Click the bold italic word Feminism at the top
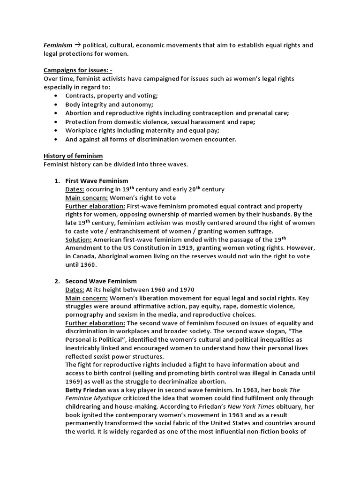pos(58,45)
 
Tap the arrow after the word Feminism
pos(78,45)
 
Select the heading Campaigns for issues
pos(78,70)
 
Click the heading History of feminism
pos(73,156)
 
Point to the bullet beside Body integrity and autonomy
pos(56,105)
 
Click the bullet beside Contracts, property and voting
pos(56,96)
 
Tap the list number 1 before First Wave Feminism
pos(56,181)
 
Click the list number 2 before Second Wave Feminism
pos(56,281)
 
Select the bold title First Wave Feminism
pos(97,181)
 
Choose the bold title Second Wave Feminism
pos(101,281)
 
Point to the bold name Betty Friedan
pos(85,390)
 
